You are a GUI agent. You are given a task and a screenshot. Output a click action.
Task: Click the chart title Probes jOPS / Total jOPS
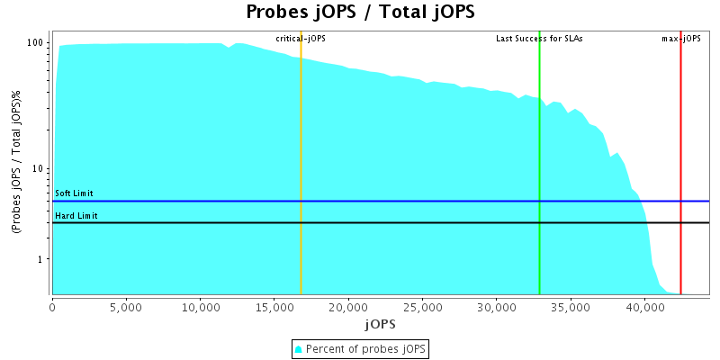[x=360, y=13]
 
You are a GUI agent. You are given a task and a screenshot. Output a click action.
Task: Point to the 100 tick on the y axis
[x=37, y=43]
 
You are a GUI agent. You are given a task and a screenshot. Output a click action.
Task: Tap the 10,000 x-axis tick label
[x=200, y=307]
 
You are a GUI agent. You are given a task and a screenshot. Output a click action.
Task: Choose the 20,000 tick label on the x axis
[x=347, y=307]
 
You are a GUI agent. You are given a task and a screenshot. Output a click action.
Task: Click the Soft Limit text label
[x=74, y=193]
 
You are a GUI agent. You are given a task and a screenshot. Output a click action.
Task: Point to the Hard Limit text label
[x=76, y=216]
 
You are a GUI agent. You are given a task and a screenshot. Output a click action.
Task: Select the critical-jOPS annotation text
[x=301, y=39]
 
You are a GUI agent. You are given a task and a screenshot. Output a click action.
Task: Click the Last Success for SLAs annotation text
[x=539, y=39]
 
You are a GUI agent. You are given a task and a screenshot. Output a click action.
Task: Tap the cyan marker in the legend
[x=299, y=348]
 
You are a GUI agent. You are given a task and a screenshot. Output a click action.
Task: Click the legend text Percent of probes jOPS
[x=366, y=348]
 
